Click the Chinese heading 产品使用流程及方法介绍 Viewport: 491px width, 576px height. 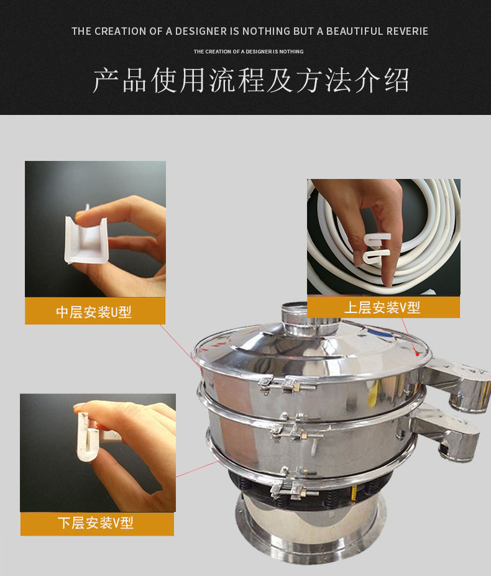[x=251, y=80]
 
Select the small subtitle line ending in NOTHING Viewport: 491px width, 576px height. [x=249, y=52]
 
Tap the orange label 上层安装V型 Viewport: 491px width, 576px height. [x=383, y=307]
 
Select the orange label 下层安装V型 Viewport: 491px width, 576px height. [x=97, y=523]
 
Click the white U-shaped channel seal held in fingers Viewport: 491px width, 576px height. [x=86, y=240]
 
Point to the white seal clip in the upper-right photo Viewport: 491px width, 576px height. [x=377, y=249]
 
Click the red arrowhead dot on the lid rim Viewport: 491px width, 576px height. [x=417, y=354]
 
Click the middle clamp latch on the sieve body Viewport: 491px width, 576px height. [x=294, y=429]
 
